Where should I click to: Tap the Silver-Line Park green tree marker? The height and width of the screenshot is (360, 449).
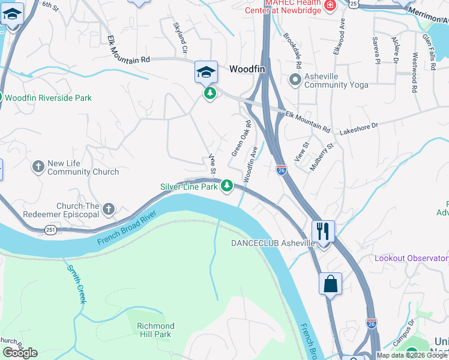pyautogui.click(x=227, y=187)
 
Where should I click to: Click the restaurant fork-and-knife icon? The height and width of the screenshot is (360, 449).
pyautogui.click(x=324, y=230)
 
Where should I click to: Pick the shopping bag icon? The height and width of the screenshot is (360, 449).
pyautogui.click(x=331, y=284)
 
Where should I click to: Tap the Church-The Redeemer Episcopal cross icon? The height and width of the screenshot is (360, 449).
pyautogui.click(x=108, y=209)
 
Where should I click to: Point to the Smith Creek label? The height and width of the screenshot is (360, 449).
pyautogui.click(x=77, y=284)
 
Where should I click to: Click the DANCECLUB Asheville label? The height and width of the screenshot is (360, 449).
pyautogui.click(x=273, y=243)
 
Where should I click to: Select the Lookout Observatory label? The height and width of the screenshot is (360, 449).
pyautogui.click(x=411, y=258)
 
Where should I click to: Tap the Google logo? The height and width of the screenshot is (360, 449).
pyautogui.click(x=20, y=353)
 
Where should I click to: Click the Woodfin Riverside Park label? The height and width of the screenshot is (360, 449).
pyautogui.click(x=49, y=97)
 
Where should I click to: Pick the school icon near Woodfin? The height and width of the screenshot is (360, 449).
pyautogui.click(x=205, y=73)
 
